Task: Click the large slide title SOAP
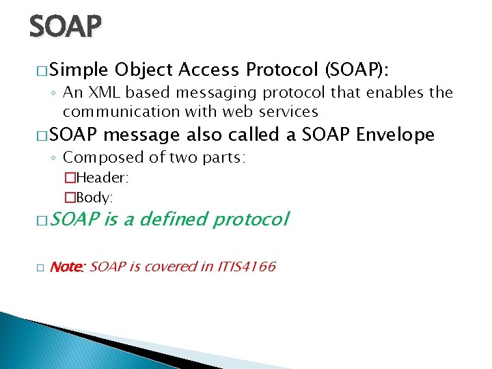click(65, 27)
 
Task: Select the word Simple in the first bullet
click(79, 70)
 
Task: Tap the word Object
click(144, 70)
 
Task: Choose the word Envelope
click(396, 135)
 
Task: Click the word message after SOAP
click(141, 135)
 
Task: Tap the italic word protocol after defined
click(251, 219)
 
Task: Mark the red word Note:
click(67, 266)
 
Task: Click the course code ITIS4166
click(247, 266)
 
